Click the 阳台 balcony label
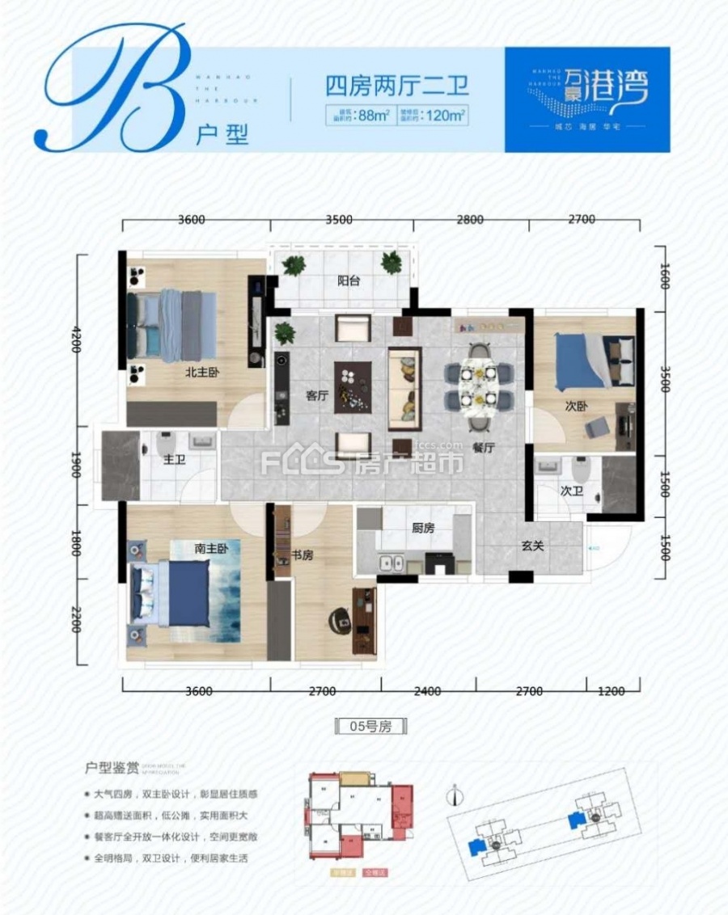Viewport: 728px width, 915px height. point(349,281)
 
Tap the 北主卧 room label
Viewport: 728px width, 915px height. point(202,373)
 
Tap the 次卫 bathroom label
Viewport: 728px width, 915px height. point(572,490)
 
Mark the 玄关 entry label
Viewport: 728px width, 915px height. point(531,546)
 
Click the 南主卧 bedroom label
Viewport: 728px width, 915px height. point(211,548)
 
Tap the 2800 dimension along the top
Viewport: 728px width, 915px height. point(469,219)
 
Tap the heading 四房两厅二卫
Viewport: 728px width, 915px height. point(397,85)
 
